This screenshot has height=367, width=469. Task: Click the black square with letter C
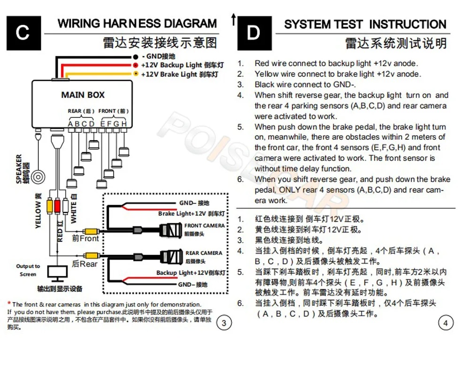pos(23,33)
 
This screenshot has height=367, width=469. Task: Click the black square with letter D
pos(254,33)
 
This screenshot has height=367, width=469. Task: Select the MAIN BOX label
pos(83,95)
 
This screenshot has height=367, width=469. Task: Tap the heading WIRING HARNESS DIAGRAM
pos(137,23)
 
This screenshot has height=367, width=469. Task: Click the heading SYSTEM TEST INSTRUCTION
pos(365,24)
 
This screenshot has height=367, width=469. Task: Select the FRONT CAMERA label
pos(204,226)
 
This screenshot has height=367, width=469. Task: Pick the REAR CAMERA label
pos(204,253)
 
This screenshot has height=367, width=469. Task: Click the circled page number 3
pos(224,323)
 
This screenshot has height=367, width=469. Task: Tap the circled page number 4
pos(446,323)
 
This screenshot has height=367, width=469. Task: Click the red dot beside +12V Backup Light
pos(136,65)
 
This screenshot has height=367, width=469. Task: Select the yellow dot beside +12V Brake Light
pos(136,74)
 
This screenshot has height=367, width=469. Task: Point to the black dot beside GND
pos(136,56)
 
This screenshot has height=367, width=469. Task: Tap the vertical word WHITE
pos(74,210)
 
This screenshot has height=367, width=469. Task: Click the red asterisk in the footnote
pos(9,304)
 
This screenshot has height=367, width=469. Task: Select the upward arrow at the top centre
pos(233,19)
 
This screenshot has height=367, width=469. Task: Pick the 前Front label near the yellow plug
pos(85,238)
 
